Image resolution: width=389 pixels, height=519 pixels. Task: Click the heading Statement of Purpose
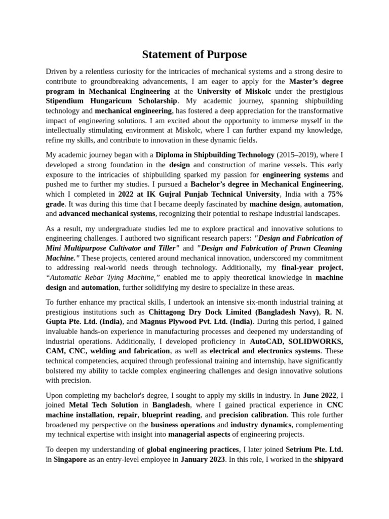coord(194,55)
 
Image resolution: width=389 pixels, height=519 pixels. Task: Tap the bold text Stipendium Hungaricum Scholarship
coord(111,101)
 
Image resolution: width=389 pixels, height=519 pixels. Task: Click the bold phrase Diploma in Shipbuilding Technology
coord(215,155)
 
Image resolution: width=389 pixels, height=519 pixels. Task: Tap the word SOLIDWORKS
coord(317,341)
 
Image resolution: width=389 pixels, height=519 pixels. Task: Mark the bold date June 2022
coord(320,395)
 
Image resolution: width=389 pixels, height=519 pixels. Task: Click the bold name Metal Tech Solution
coord(103,405)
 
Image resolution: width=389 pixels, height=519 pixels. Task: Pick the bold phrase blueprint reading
coord(171,415)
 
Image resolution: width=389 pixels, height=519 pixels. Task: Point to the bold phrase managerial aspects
coord(201,434)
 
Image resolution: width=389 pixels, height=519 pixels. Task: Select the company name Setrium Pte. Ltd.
coord(314,449)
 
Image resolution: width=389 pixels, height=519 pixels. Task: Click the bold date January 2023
coord(203,459)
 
